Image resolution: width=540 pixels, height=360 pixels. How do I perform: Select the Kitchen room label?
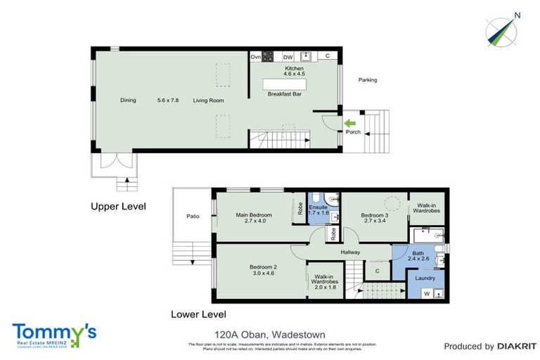[294, 68]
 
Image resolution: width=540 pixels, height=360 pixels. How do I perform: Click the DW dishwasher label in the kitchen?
[288, 57]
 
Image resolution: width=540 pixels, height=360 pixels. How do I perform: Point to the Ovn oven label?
[256, 57]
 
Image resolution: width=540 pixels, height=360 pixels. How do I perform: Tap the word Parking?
[368, 80]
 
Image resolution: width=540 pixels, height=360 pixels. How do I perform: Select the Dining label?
[127, 101]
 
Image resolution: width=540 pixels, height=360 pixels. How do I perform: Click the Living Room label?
[209, 101]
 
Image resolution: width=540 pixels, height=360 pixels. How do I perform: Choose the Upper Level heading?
[117, 207]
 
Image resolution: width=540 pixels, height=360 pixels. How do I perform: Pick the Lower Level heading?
[198, 314]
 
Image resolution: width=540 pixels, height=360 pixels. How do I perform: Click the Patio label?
[193, 216]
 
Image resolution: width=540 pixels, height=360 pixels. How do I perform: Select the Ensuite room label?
[319, 207]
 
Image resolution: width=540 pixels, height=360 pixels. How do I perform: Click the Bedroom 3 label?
[375, 215]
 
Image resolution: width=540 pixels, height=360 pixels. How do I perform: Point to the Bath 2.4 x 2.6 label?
[418, 253]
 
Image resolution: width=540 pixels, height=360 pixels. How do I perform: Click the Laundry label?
[425, 278]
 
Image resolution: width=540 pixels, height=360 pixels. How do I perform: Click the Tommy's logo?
[54, 334]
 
